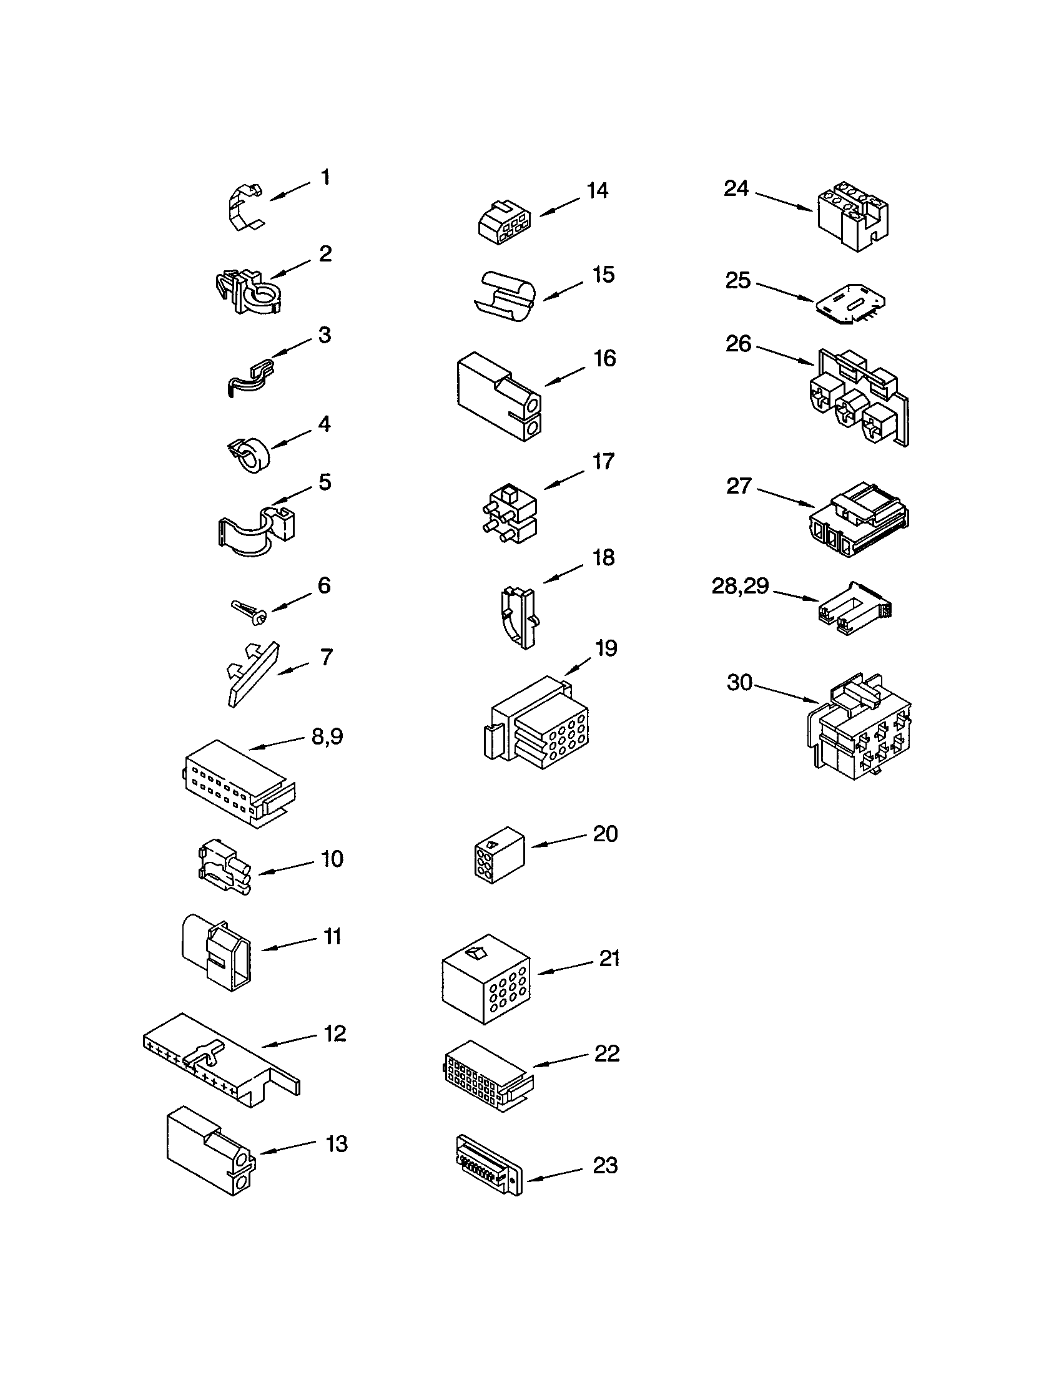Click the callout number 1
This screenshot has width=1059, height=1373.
coord(325,177)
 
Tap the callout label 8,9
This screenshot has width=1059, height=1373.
coord(327,736)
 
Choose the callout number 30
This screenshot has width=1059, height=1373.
coord(739,682)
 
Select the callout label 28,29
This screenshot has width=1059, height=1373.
coord(740,586)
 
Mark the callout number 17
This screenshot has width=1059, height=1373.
coord(603,461)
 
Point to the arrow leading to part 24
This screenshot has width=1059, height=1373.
coord(783,202)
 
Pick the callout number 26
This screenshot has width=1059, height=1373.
coord(738,344)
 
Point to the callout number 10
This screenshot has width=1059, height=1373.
coord(332,859)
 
